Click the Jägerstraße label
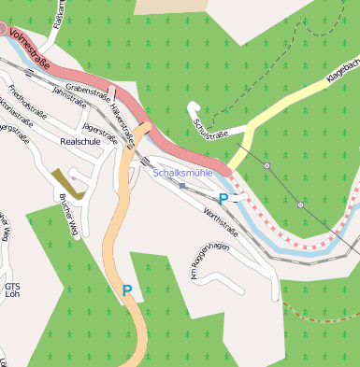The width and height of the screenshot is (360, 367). point(100,136)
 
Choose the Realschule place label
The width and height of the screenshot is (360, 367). point(79,142)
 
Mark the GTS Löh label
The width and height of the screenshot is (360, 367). point(11,290)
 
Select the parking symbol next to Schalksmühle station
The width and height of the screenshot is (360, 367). point(223,199)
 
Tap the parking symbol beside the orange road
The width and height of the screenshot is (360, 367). point(127,290)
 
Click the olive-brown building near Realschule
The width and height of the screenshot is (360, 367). point(68,183)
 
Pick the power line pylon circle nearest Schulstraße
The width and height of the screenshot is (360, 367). point(266,165)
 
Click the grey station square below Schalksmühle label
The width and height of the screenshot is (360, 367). point(182,186)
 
